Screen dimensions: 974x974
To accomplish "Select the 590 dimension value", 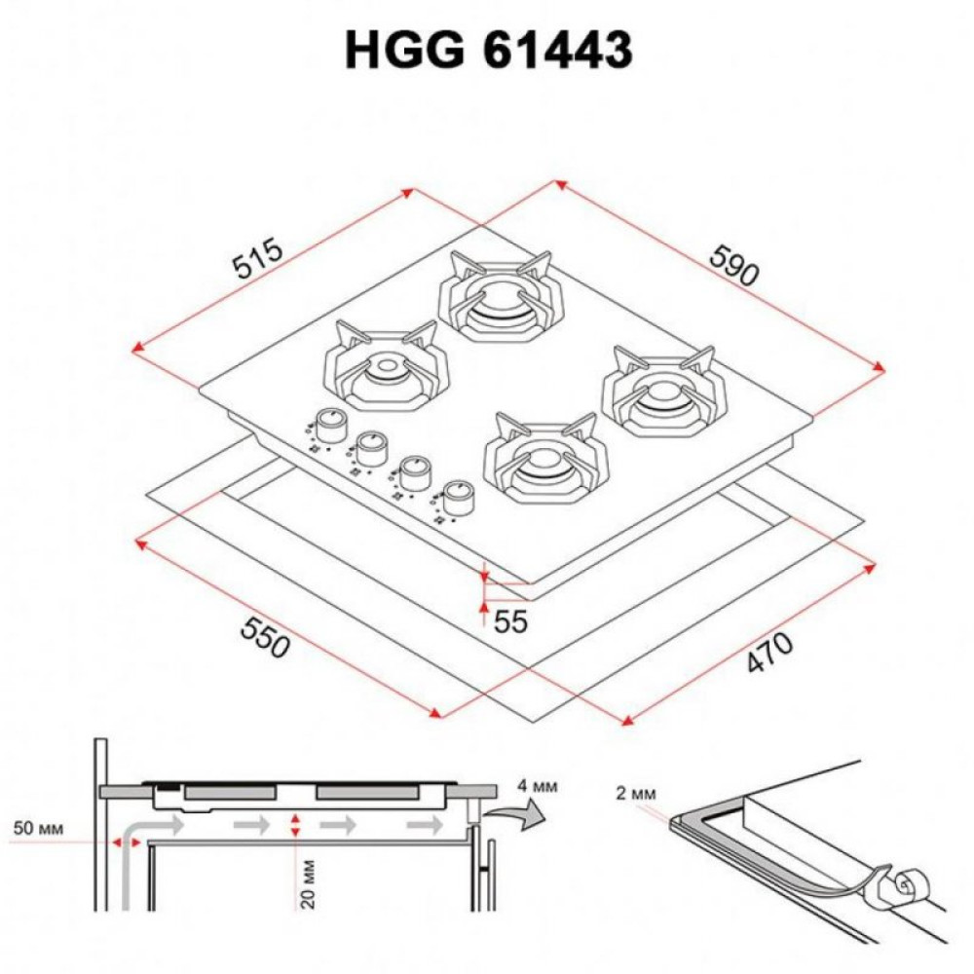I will point(731,263).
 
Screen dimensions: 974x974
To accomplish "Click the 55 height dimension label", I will point(509,621).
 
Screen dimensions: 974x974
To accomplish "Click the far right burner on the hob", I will point(664,393).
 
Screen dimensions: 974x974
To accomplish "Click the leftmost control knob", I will point(331,424).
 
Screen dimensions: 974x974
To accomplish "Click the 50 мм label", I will point(39,829).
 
